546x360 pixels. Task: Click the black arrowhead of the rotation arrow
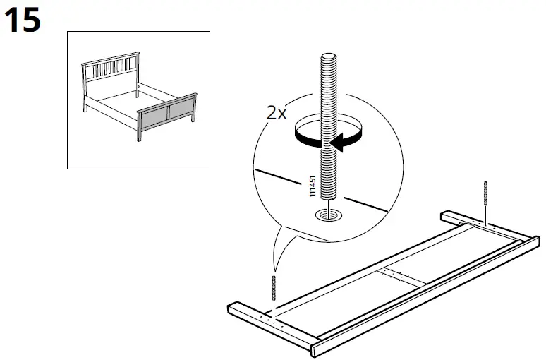(x=339, y=144)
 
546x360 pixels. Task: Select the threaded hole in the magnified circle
(x=328, y=215)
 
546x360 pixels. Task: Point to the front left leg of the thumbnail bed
(x=138, y=135)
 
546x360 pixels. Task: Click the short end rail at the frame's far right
(x=487, y=226)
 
